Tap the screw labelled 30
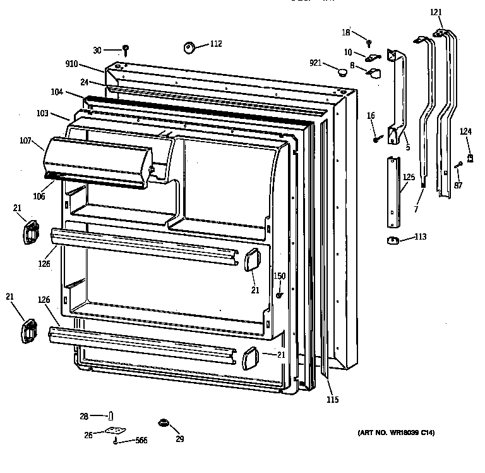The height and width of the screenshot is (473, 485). [126, 49]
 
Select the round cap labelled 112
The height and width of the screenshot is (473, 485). [189, 46]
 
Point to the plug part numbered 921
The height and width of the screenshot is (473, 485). [343, 71]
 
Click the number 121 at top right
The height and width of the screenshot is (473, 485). [436, 12]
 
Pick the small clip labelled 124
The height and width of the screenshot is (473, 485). [469, 157]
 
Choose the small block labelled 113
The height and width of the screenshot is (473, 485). [392, 239]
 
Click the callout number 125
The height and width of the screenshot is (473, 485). [409, 178]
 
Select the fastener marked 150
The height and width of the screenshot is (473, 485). [278, 295]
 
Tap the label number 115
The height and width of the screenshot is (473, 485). [332, 399]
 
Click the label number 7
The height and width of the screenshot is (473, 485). [417, 209]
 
